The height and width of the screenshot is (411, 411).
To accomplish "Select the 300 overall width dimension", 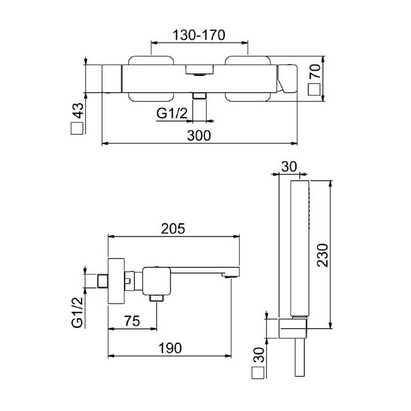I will [199, 135].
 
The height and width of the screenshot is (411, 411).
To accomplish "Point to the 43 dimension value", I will [77, 112].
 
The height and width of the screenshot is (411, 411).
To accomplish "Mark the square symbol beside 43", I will [77, 129].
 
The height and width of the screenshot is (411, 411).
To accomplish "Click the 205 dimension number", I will [173, 229].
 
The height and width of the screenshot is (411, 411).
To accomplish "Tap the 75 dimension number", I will [132, 321].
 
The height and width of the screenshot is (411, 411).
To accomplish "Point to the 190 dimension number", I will [171, 347].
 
